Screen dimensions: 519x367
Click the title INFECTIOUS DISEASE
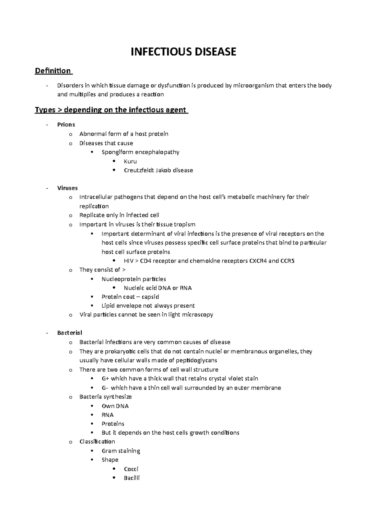click(183, 52)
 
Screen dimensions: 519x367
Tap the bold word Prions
click(66, 124)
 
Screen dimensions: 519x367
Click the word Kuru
click(130, 161)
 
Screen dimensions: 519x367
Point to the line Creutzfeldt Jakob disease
click(158, 170)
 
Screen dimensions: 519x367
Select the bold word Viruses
click(67, 188)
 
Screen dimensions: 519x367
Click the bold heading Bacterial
click(69, 333)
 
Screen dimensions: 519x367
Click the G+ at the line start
click(105, 379)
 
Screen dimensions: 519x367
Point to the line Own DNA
click(115, 406)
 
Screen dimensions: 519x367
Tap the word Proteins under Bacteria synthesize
click(113, 424)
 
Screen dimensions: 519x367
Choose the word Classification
click(97, 442)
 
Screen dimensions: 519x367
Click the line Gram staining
click(121, 451)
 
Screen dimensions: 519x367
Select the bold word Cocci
click(131, 469)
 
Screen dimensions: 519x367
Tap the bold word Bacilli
click(132, 478)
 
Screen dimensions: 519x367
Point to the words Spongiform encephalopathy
click(140, 152)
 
